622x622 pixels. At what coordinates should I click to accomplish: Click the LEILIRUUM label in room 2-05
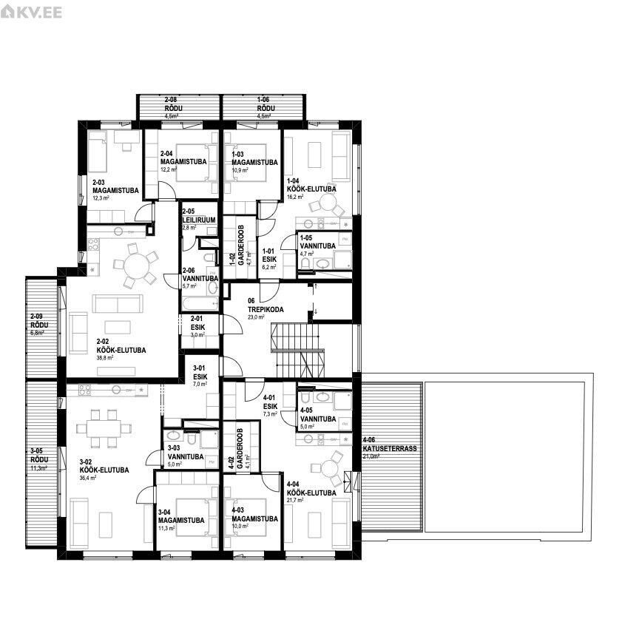click(x=197, y=219)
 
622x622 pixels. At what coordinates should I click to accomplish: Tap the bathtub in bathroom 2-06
click(x=199, y=304)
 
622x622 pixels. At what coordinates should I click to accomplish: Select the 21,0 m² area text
click(x=371, y=456)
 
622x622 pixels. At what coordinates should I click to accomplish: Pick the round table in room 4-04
click(x=323, y=470)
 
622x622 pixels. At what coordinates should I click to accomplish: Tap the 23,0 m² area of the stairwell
click(x=256, y=317)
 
